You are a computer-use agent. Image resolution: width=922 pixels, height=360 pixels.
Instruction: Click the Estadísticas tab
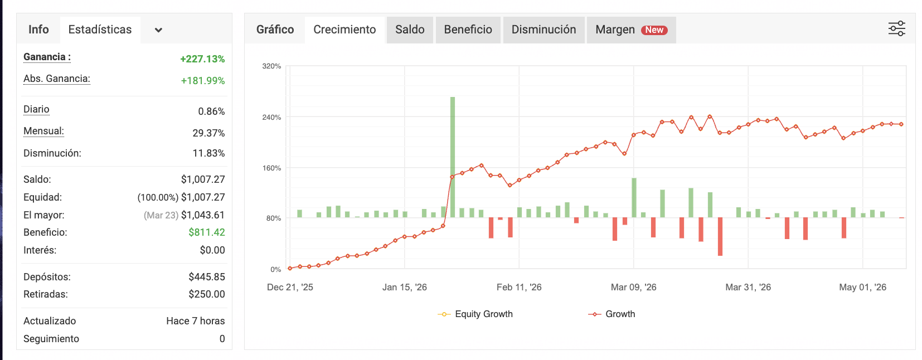[100, 30]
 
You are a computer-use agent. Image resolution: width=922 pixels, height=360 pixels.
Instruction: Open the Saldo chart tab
[410, 30]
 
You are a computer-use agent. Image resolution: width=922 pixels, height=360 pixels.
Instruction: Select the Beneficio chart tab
[468, 30]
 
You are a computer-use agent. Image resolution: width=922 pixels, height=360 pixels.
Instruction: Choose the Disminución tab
[544, 30]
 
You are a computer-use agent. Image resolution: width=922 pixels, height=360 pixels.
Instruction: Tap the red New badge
[654, 30]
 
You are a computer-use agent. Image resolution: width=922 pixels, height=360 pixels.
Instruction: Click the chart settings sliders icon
[896, 29]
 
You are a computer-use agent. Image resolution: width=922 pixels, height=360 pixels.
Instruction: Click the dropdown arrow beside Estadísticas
[158, 30]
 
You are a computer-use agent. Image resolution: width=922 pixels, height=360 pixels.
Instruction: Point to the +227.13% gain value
[202, 59]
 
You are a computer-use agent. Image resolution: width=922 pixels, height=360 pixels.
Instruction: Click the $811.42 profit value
[207, 232]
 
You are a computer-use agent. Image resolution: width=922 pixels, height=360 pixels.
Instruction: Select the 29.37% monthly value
[208, 133]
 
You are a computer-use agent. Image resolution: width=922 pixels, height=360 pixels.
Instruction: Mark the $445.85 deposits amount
[207, 276]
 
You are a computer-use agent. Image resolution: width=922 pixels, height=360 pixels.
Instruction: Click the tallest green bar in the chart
[452, 157]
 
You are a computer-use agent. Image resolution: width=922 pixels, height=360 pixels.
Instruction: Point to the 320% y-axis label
[271, 66]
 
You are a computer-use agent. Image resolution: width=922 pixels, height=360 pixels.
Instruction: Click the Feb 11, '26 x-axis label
[519, 287]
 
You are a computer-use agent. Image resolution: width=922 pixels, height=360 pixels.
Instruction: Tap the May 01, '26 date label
[863, 287]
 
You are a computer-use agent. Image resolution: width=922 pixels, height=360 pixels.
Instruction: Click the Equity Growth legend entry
[475, 314]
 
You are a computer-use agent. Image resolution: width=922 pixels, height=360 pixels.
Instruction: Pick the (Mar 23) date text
[161, 215]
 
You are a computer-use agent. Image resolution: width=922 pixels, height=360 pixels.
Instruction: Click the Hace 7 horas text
[196, 321]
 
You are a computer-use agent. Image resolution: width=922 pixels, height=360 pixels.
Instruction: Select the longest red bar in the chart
[720, 237]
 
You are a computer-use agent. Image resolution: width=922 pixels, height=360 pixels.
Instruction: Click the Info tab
[38, 30]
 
